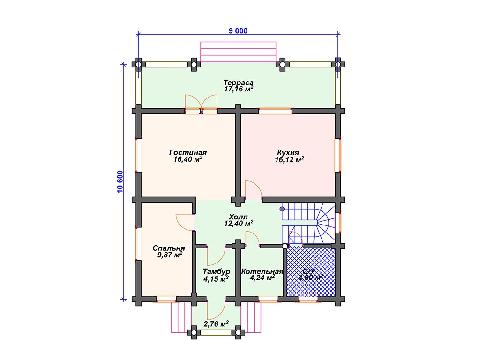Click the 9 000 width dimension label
tap(238, 31)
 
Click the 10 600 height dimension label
tap(120, 181)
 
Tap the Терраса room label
tap(239, 82)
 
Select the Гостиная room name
tap(188, 152)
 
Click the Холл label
tap(238, 217)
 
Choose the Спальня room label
tap(169, 248)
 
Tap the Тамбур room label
tap(217, 271)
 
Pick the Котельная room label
tap(262, 271)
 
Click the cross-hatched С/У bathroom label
tap(309, 271)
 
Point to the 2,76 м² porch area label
tap(217, 323)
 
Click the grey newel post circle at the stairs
tap(282, 209)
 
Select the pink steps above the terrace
tap(238, 52)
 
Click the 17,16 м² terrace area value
tap(239, 89)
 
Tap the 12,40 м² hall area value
tap(239, 224)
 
